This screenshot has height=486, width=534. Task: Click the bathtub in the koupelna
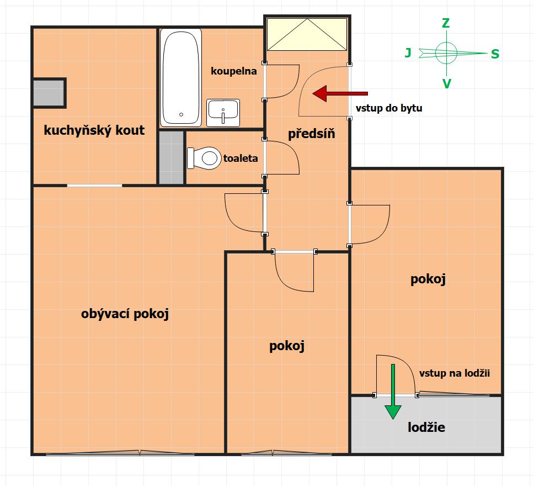point(181,77)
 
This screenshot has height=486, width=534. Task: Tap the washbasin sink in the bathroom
point(223,113)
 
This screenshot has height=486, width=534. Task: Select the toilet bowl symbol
point(204,159)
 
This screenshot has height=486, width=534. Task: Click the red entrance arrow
point(340,93)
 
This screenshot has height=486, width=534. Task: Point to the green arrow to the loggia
point(393,392)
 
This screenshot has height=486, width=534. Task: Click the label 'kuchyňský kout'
point(94,130)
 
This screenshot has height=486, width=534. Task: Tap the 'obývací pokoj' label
point(125,314)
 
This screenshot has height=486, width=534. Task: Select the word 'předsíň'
point(311,134)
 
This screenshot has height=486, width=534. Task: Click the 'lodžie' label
point(426,427)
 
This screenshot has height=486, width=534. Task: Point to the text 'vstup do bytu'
point(389,108)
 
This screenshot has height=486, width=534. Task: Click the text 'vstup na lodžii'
point(455,373)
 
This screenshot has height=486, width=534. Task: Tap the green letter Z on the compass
point(446,23)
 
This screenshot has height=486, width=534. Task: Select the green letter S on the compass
point(495,54)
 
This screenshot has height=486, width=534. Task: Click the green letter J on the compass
point(408,53)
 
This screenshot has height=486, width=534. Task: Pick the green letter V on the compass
point(446,83)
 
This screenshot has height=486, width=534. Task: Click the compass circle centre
point(446,53)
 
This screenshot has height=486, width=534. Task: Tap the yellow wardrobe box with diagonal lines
point(307,34)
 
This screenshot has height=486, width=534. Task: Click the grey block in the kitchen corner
point(49,93)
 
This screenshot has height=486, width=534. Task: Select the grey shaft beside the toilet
point(172,157)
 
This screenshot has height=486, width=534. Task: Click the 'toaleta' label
point(241,159)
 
